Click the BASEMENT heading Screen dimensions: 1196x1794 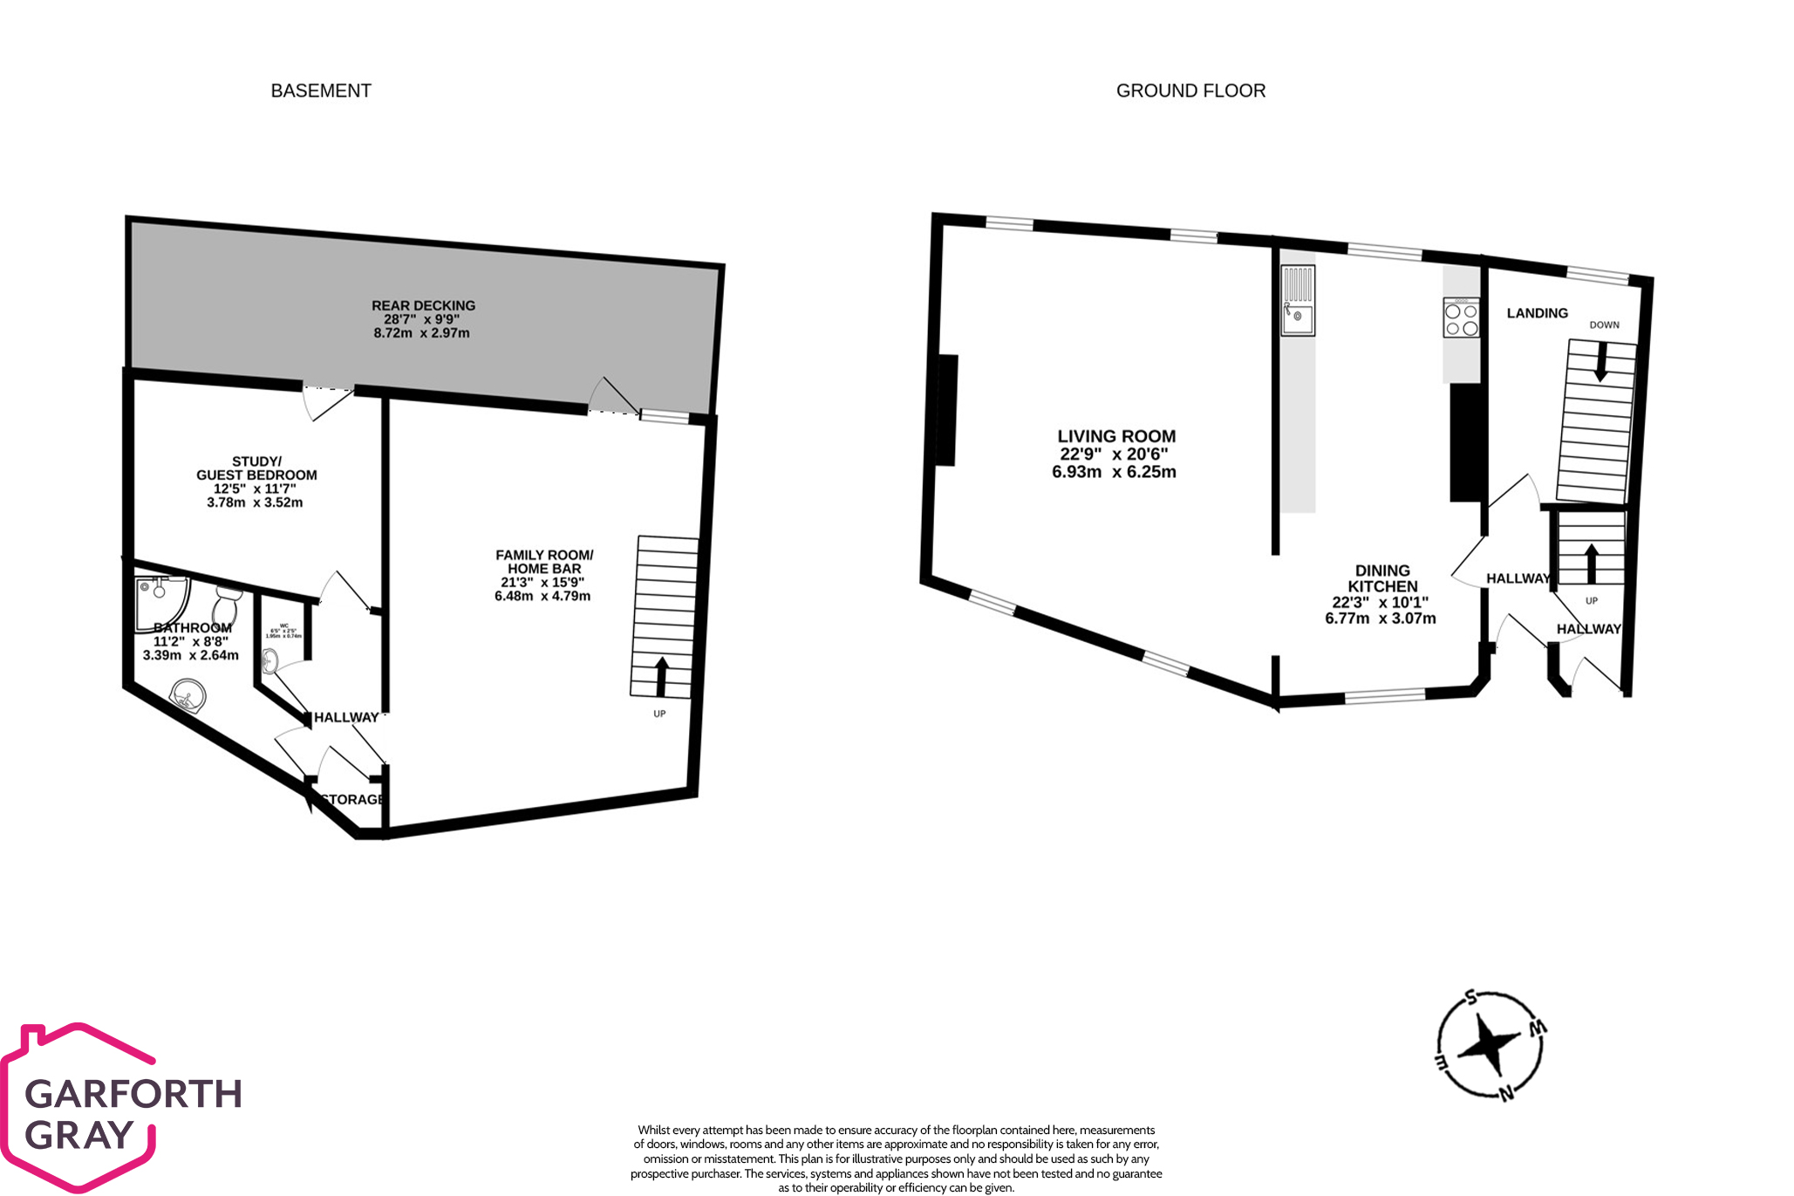tap(321, 91)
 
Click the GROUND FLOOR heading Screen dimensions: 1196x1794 tap(1190, 91)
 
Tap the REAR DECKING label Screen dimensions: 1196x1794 tap(423, 305)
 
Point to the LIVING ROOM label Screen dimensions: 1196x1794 tap(1116, 436)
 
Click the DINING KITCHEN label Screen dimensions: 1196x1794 tap(1382, 578)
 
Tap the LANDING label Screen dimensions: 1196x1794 tap(1537, 313)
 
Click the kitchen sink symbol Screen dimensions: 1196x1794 tap(1298, 302)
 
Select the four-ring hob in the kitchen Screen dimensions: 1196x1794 tap(1461, 318)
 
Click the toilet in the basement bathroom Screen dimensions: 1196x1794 tap(226, 606)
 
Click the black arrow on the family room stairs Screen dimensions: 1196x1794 tap(661, 676)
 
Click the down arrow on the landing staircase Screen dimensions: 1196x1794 tap(1600, 362)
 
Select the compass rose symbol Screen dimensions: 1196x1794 tap(1490, 1044)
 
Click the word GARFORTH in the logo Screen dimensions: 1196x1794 tap(133, 1094)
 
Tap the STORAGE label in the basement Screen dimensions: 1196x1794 tap(352, 799)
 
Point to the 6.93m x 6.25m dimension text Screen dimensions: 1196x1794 tap(1114, 472)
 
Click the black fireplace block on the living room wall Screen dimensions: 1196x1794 tap(948, 410)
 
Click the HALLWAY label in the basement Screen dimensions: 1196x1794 tap(346, 717)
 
